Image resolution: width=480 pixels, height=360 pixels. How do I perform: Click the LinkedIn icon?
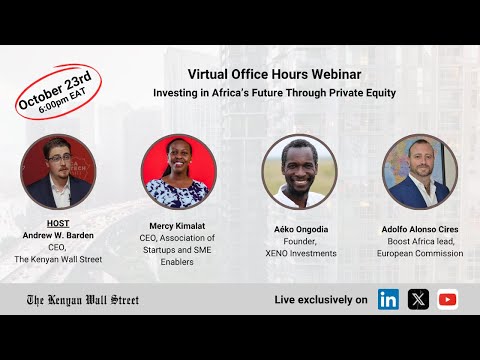coord(389,299)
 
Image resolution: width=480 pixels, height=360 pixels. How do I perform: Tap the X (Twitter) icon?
coord(418,299)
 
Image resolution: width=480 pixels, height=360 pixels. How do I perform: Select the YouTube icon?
coord(447,299)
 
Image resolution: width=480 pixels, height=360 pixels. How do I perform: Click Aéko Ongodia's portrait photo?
coord(299,172)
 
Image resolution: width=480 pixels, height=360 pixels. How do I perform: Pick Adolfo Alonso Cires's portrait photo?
coord(419,172)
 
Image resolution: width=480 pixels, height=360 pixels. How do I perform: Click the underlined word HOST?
coord(58,222)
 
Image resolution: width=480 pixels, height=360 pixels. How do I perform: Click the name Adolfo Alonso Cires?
coord(420,229)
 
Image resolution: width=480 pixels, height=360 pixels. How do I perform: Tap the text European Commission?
coord(420,254)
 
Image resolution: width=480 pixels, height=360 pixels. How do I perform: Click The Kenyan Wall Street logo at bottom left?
coord(82,300)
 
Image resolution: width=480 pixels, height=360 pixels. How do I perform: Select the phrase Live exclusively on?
coord(320,300)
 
